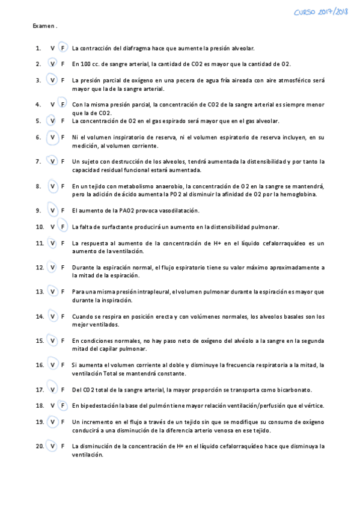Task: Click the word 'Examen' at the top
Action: coord(44,26)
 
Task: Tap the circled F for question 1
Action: coord(63,48)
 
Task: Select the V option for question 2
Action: coord(53,64)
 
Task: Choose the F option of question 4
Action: coord(63,104)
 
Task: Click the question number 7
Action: coord(38,161)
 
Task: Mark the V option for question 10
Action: coord(53,227)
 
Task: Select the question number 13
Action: coord(40,292)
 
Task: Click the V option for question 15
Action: coord(53,340)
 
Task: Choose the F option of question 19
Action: coord(63,422)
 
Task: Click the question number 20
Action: coord(40,446)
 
